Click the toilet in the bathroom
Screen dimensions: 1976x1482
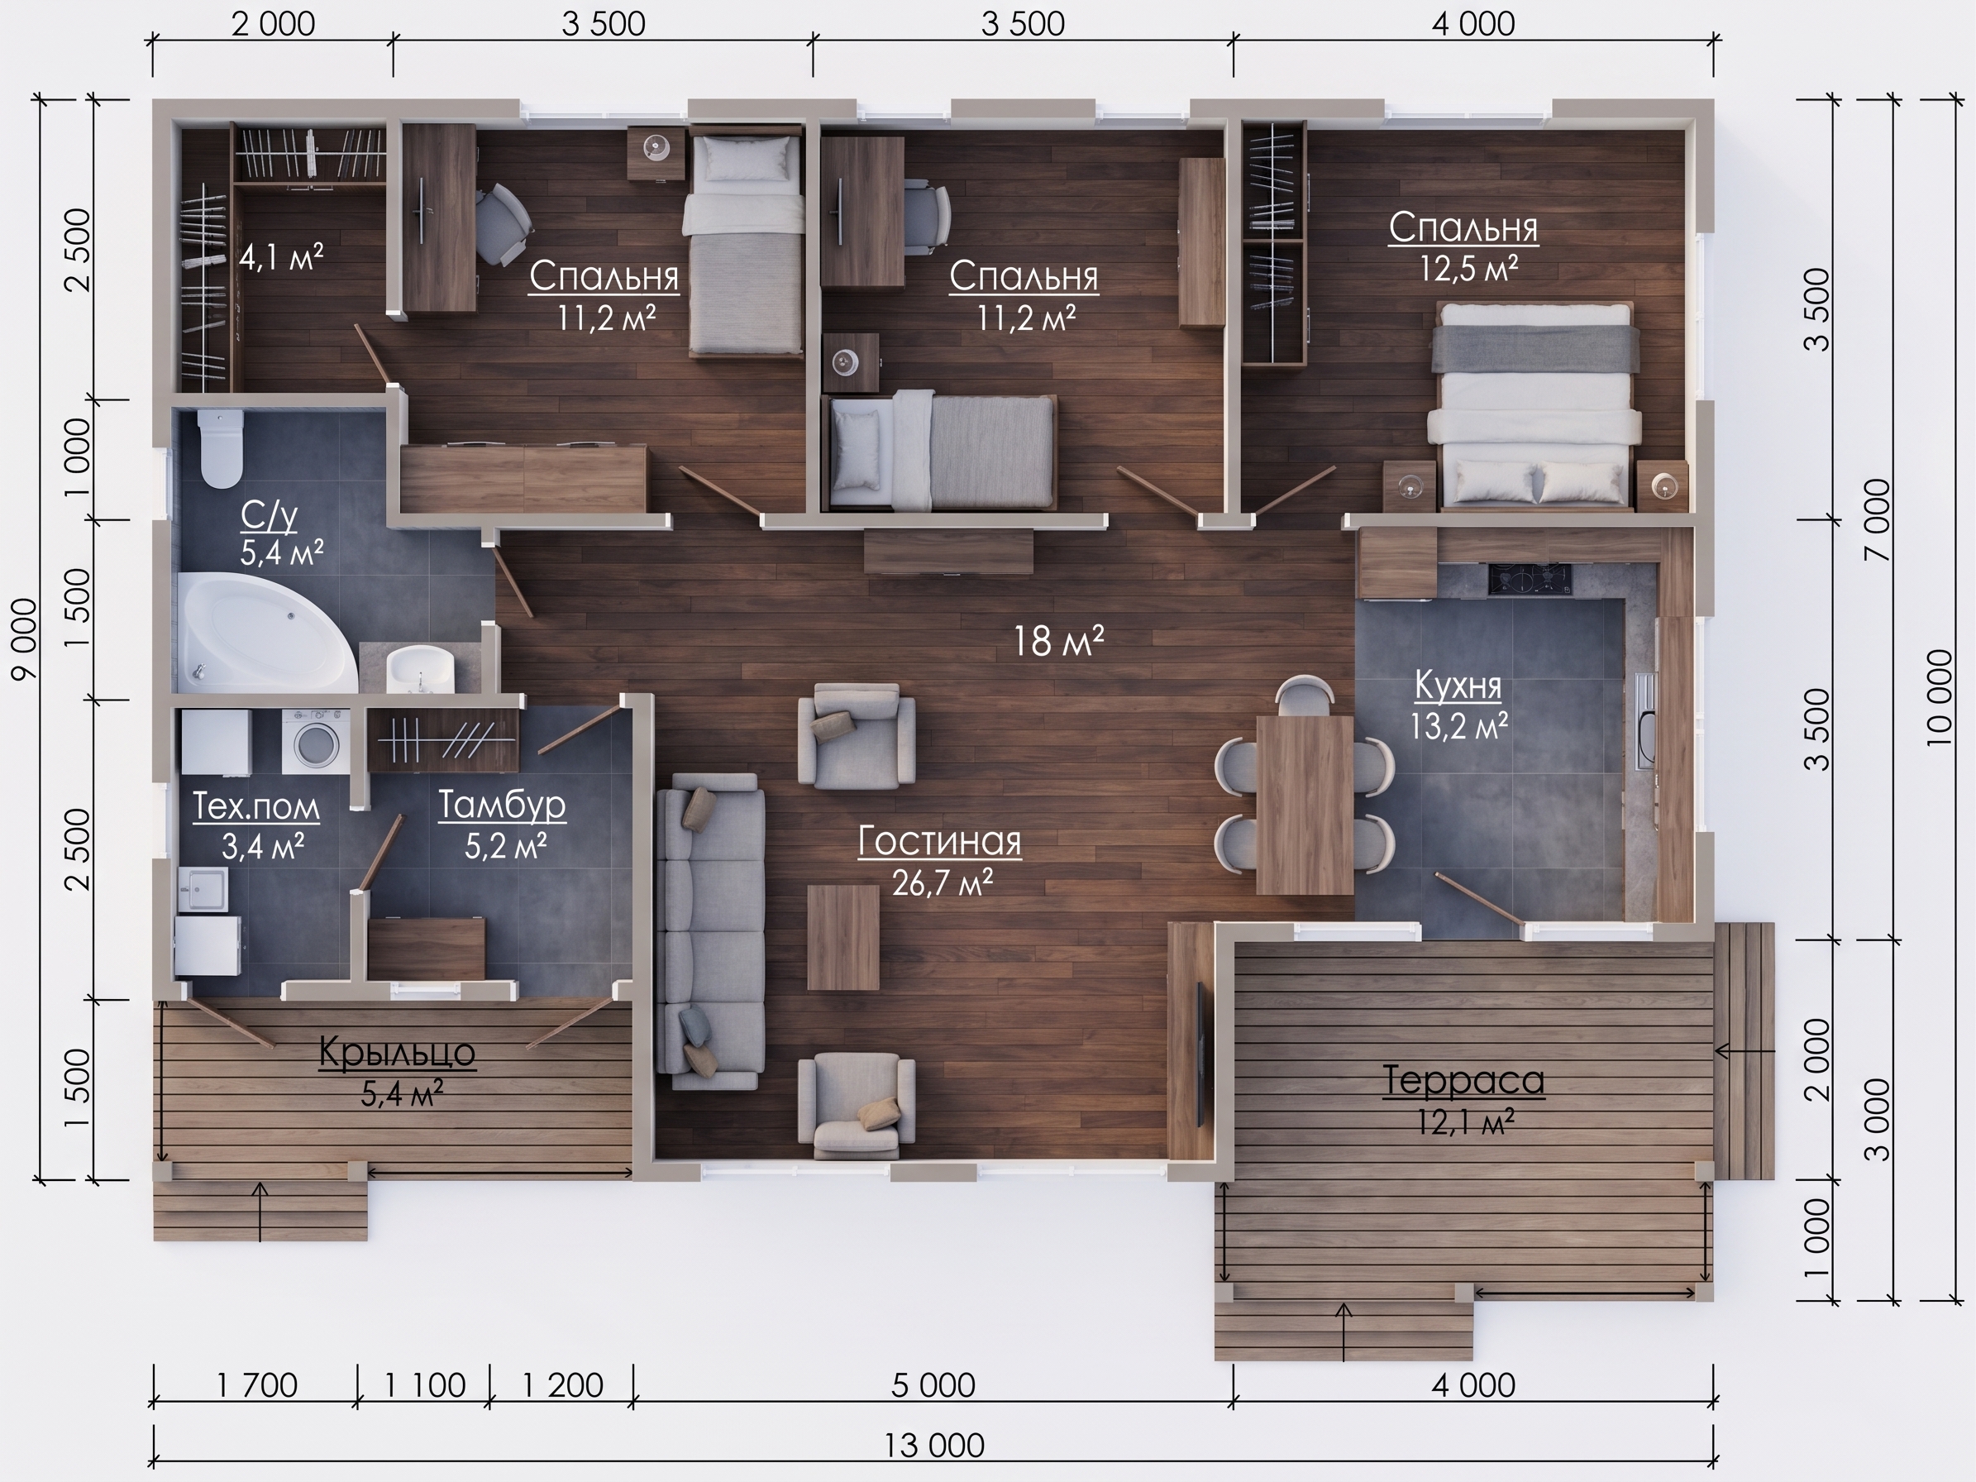[x=221, y=448]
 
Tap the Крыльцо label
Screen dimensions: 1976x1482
[x=398, y=1051]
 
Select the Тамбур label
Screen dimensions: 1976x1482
[x=502, y=805]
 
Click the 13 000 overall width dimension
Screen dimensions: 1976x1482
[x=933, y=1445]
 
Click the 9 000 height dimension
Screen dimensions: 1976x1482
[x=25, y=638]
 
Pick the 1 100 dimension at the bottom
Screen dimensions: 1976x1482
[x=425, y=1385]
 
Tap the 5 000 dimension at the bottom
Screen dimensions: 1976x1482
[x=933, y=1385]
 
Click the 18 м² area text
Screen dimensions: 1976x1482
[x=1058, y=640]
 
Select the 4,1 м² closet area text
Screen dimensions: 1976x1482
[x=280, y=257]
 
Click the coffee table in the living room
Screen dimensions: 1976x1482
[x=843, y=937]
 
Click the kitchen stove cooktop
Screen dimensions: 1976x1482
[x=1530, y=579]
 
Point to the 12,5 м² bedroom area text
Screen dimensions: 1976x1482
[x=1469, y=268]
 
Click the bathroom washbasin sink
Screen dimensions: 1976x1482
[x=420, y=668]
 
